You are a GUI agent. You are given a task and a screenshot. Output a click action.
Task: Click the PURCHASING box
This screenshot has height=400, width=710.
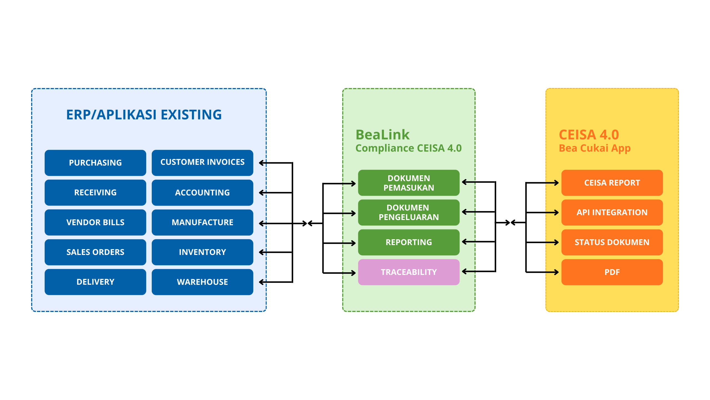pyautogui.click(x=95, y=163)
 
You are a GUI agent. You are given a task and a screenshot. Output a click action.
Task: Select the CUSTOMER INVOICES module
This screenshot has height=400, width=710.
pyautogui.click(x=202, y=163)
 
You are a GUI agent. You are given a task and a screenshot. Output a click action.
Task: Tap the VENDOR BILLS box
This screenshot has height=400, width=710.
pyautogui.click(x=95, y=222)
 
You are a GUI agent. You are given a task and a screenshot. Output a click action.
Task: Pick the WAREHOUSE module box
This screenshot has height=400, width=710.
pyautogui.click(x=202, y=282)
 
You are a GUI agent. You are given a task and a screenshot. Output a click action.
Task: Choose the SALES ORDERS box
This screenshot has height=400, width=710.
pyautogui.click(x=95, y=252)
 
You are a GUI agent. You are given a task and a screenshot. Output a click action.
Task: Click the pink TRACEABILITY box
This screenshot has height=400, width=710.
pyautogui.click(x=409, y=272)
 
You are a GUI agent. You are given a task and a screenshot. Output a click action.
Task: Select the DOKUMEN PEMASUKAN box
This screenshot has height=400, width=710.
pyautogui.click(x=409, y=183)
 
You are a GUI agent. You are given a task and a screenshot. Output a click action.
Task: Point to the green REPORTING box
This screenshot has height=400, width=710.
pyautogui.click(x=409, y=242)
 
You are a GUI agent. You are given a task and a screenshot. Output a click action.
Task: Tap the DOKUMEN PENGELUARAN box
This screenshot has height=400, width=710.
pyautogui.click(x=409, y=212)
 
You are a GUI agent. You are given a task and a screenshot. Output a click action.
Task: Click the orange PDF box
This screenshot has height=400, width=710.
pyautogui.click(x=612, y=272)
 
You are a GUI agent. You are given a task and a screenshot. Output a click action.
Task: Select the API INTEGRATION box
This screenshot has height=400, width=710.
pyautogui.click(x=612, y=212)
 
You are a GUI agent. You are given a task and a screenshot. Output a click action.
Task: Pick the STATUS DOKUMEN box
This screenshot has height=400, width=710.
pyautogui.click(x=612, y=242)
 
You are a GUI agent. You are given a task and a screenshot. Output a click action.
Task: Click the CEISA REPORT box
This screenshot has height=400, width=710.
pyautogui.click(x=612, y=183)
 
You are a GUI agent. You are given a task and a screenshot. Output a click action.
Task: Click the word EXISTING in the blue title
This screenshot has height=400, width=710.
pyautogui.click(x=191, y=115)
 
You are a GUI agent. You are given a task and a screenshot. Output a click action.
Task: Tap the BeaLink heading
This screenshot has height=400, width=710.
pyautogui.click(x=382, y=135)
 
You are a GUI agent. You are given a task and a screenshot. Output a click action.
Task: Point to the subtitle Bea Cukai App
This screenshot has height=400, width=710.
pyautogui.click(x=595, y=148)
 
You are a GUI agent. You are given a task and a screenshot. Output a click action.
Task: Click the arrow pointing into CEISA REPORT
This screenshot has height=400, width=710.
pyautogui.click(x=552, y=183)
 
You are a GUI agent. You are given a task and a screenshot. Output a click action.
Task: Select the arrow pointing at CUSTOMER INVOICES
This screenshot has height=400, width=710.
pyautogui.click(x=263, y=163)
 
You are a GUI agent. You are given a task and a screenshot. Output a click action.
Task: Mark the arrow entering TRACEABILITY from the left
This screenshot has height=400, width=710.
pyautogui.click(x=349, y=273)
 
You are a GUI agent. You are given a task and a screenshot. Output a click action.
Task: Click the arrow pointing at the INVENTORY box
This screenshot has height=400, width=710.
pyautogui.click(x=263, y=252)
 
